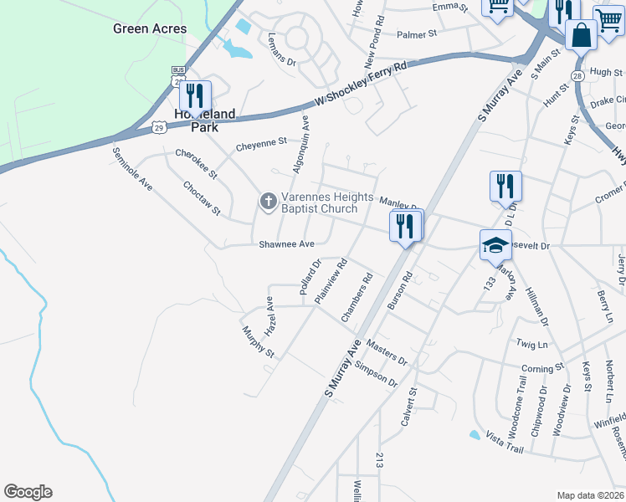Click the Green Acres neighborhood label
point(150,28)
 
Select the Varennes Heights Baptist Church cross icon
point(268,201)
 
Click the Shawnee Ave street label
point(286,243)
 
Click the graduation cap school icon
point(495,245)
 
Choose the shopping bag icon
point(580,36)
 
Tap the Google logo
point(28,492)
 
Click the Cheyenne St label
point(261,144)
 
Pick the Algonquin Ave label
point(300,144)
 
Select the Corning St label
point(542,368)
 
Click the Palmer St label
point(417,35)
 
